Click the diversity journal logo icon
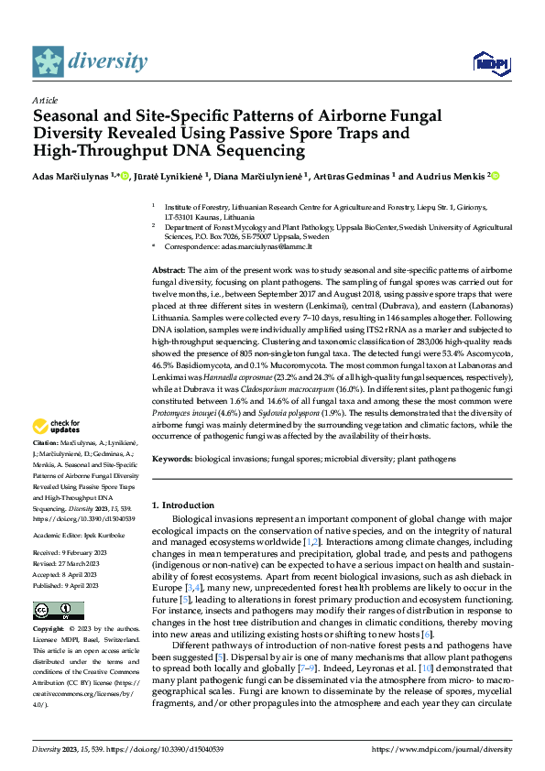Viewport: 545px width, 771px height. (48, 61)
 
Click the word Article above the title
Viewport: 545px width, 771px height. (45, 99)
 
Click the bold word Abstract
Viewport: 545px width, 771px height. (169, 272)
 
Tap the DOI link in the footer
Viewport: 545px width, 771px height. (166, 748)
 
